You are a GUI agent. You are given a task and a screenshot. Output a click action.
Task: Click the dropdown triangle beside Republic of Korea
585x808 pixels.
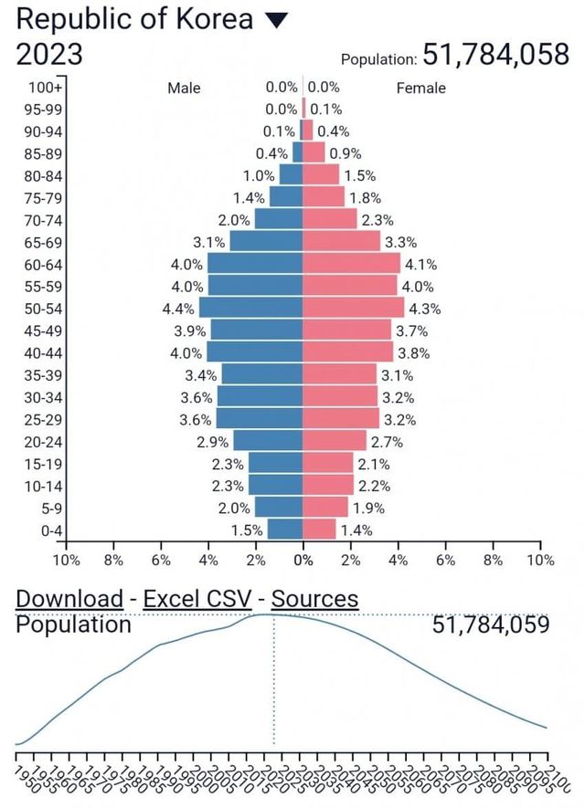coord(276,20)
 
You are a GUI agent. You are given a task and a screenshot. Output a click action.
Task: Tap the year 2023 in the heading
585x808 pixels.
coord(49,55)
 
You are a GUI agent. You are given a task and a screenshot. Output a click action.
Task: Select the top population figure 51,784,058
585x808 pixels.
coord(496,55)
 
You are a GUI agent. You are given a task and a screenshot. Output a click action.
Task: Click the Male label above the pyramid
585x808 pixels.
coord(184,89)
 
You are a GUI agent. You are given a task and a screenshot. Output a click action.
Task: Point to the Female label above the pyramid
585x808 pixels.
coord(421,89)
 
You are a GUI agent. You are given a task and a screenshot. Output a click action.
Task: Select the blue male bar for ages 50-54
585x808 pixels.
coord(251,308)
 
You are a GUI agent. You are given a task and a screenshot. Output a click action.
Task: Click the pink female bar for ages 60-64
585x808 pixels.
coord(351,264)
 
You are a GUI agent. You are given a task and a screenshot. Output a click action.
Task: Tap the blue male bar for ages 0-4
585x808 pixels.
coord(285,529)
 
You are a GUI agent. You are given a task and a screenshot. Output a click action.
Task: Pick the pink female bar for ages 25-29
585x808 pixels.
coord(340,419)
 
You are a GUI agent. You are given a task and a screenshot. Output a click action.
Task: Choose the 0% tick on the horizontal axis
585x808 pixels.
coord(303,560)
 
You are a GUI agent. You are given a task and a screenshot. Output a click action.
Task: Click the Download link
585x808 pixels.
coord(69,599)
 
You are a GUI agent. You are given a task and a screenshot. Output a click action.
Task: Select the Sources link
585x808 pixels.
coord(315,599)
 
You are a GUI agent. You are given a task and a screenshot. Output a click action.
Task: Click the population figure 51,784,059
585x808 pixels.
coord(491,624)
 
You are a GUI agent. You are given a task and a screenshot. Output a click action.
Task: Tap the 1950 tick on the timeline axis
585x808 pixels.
coord(25,776)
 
